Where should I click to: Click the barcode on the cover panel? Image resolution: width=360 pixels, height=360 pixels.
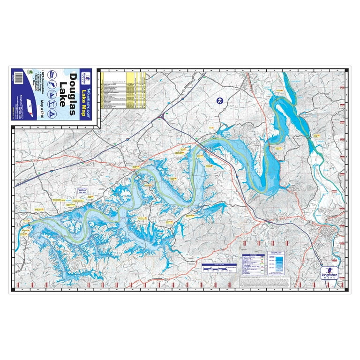tap(19, 77)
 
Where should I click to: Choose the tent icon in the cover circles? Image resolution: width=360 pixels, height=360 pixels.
tap(53, 114)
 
